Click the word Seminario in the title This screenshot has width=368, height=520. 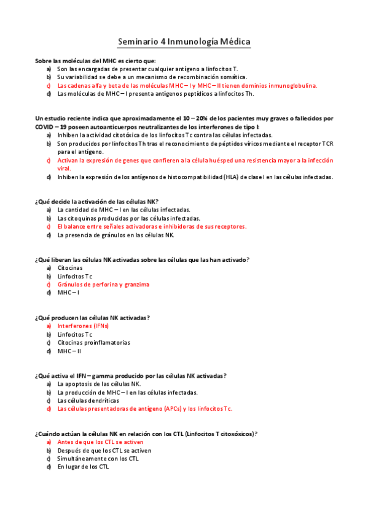[138, 42]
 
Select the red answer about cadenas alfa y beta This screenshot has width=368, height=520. [187, 86]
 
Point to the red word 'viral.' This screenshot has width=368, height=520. [64, 168]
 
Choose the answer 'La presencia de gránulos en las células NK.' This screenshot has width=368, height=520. [115, 235]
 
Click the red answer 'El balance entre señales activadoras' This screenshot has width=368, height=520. [143, 226]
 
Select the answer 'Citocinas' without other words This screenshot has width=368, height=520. [70, 268]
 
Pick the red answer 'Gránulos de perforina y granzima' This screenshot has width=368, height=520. [103, 285]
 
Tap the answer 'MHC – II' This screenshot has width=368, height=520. [69, 351]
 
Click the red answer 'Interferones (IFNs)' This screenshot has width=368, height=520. [83, 326]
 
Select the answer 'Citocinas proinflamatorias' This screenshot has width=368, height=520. [93, 343]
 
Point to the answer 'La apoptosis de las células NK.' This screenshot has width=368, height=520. [99, 384]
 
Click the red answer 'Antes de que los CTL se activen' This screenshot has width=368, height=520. [100, 442]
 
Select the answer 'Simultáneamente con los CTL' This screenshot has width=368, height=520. [98, 458]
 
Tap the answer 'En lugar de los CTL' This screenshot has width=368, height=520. [83, 467]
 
